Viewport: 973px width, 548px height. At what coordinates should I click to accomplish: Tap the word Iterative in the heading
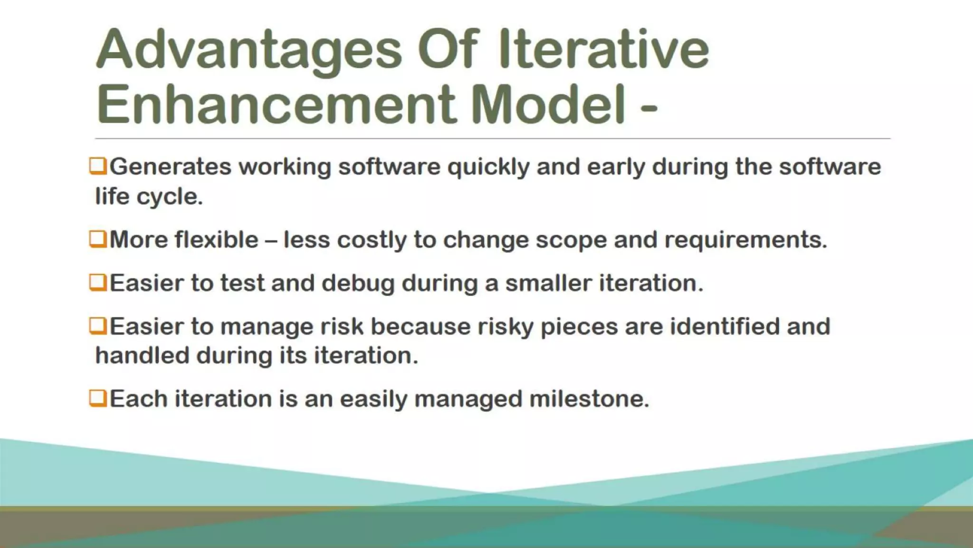(x=603, y=49)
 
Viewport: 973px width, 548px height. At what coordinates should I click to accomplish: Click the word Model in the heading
(x=549, y=104)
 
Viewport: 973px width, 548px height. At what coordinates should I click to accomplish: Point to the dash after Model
(x=649, y=108)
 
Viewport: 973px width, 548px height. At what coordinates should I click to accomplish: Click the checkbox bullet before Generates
(x=97, y=166)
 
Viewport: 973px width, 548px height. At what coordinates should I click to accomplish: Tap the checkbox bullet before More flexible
(x=97, y=239)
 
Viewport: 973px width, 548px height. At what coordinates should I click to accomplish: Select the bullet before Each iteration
(x=97, y=398)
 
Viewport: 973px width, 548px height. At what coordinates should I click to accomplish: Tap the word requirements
(x=745, y=240)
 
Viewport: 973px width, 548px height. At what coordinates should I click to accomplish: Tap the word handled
(x=142, y=356)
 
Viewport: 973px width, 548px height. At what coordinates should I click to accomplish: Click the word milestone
(x=589, y=399)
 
